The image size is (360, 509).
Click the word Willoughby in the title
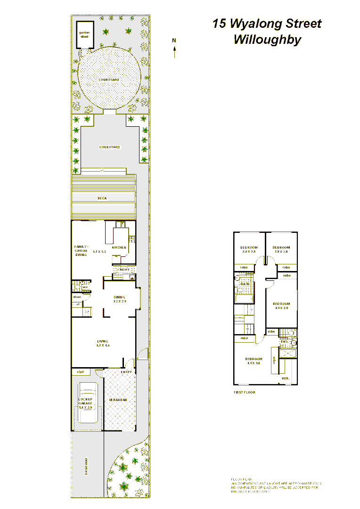[267, 40]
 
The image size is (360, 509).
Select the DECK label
[102, 198]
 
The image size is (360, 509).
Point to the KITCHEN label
[119, 247]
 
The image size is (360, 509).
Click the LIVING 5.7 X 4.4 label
[103, 343]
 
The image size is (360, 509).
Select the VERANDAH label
[118, 400]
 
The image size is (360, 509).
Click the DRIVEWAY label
[87, 467]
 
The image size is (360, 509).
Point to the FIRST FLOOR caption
[244, 392]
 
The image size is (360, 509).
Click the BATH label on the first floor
[245, 285]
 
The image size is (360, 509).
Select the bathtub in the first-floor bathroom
[245, 297]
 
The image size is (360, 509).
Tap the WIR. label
[285, 378]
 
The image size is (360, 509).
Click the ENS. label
[284, 342]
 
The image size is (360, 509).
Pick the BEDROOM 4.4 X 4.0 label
[254, 361]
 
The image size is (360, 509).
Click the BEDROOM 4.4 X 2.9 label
[281, 305]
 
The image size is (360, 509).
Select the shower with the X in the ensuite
[288, 353]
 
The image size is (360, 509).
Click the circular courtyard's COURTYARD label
[109, 80]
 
